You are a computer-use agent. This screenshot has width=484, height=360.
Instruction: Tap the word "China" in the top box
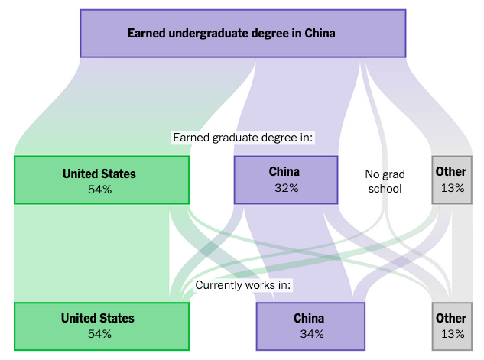[x=320, y=33]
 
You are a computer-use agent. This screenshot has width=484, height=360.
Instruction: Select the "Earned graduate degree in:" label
[x=243, y=138]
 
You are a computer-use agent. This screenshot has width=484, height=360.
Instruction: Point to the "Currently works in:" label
[x=243, y=285]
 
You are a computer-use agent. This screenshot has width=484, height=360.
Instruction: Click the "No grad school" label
[x=385, y=181]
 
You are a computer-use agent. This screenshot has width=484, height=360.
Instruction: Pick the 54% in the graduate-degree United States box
[x=99, y=189]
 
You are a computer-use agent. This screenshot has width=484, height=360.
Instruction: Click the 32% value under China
[x=287, y=188]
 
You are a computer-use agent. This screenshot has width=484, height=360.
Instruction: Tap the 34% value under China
[x=312, y=334]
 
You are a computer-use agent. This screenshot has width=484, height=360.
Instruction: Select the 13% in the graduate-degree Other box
[x=453, y=188]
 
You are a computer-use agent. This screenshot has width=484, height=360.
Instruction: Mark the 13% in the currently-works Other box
[x=453, y=334]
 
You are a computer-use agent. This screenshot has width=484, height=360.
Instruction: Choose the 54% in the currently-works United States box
[x=99, y=334]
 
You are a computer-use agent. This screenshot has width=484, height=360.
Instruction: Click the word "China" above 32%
[x=284, y=172]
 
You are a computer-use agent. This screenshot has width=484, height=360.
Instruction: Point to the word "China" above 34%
[x=309, y=319]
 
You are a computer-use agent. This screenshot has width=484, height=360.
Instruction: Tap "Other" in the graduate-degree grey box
[x=451, y=172]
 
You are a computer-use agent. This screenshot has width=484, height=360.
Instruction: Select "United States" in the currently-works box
[x=98, y=319]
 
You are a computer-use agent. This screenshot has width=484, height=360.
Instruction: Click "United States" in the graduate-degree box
[x=99, y=174]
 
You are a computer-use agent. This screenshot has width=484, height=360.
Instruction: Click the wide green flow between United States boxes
[x=92, y=253]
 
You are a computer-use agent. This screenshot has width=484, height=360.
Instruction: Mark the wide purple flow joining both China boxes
[x=297, y=253]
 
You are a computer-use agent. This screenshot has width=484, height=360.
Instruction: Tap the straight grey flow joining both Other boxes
[x=462, y=253]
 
